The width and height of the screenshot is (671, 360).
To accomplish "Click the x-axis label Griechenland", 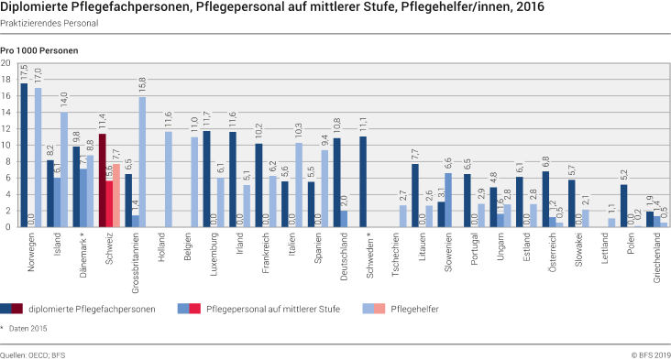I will [656, 258].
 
